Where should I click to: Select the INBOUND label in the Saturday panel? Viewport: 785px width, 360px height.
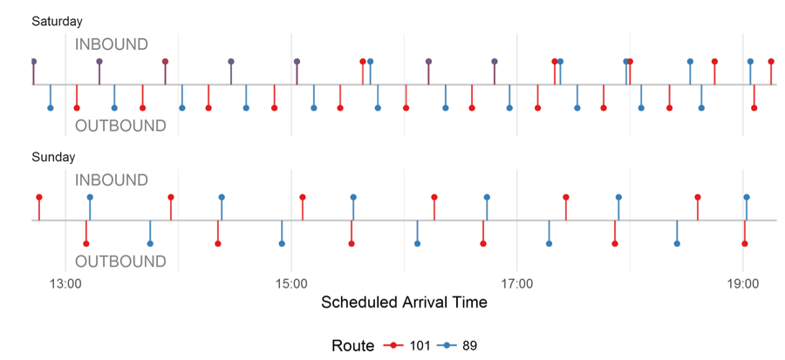pos(111,44)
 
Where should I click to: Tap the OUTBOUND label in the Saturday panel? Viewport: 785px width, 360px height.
pos(120,126)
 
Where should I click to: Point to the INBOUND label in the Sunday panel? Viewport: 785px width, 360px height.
pos(111,180)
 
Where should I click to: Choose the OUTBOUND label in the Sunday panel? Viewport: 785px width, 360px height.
pos(120,262)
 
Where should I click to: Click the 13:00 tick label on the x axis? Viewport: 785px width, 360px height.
pos(65,282)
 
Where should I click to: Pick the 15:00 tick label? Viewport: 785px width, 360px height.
pos(290,282)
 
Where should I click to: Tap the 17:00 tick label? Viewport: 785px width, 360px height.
pos(517,282)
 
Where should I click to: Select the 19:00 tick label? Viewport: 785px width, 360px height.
pos(742,282)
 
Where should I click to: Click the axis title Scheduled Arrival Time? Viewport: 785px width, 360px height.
pos(404,303)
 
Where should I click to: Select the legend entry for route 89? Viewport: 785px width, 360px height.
pos(459,346)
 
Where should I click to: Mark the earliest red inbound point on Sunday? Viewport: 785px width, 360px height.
pos(38,198)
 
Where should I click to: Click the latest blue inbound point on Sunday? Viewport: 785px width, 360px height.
pos(747,198)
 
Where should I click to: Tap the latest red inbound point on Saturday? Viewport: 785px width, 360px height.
pos(771,62)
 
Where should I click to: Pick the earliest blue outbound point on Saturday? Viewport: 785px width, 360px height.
pos(50,108)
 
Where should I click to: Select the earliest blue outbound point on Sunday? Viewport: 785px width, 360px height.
pos(150,244)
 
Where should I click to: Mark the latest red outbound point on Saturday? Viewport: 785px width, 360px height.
pos(754,108)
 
